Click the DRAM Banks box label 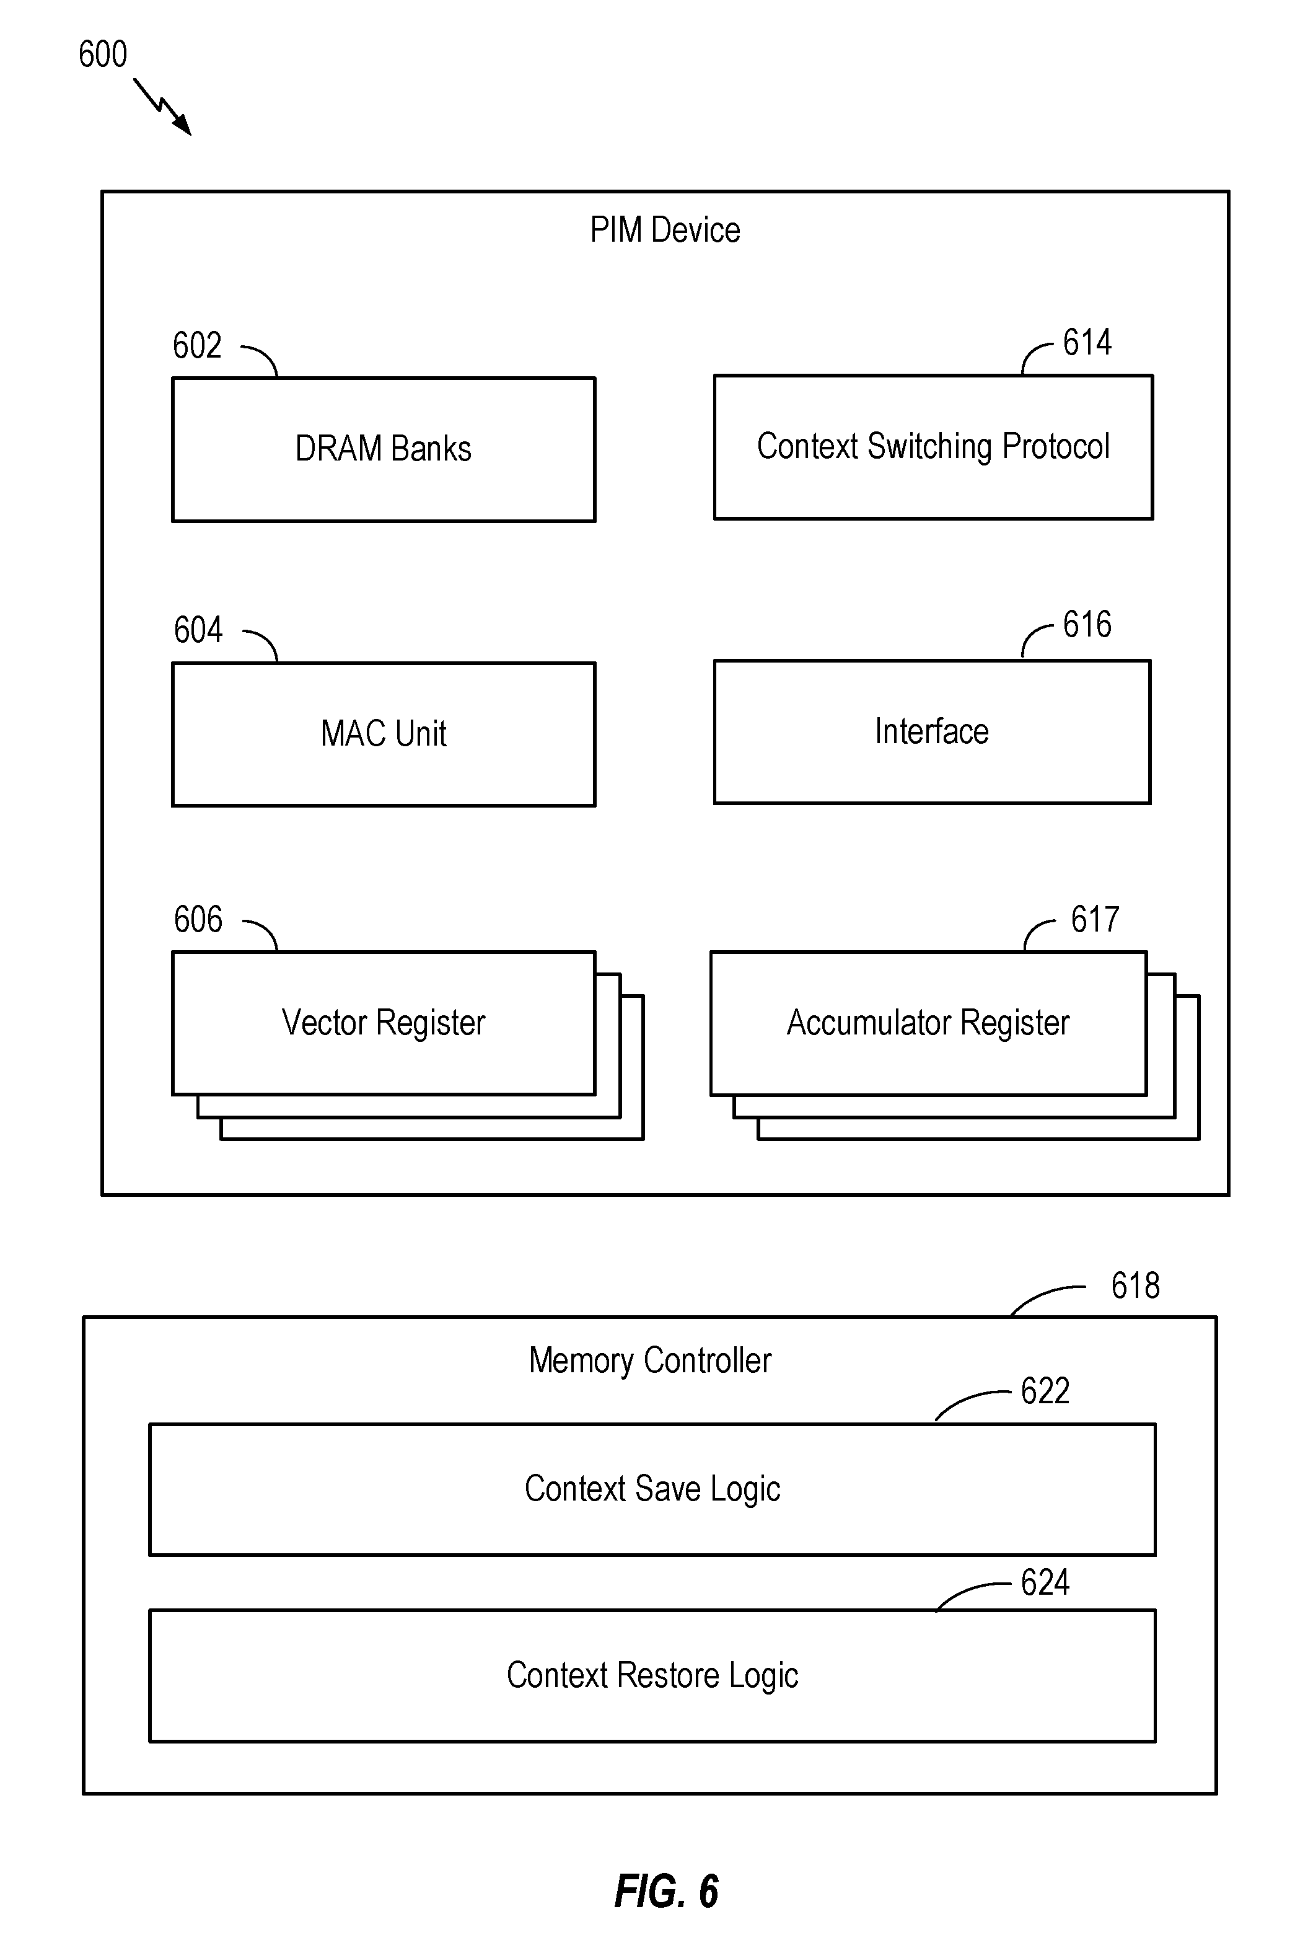pyautogui.click(x=383, y=449)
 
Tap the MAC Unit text pyautogui.click(x=383, y=733)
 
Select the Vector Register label pyautogui.click(x=383, y=1023)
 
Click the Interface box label pyautogui.click(x=932, y=731)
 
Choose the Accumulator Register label pyautogui.click(x=928, y=1023)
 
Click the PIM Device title pyautogui.click(x=665, y=229)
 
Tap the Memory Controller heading pyautogui.click(x=650, y=1360)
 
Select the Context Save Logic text pyautogui.click(x=652, y=1489)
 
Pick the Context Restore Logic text pyautogui.click(x=652, y=1675)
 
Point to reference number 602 pyautogui.click(x=197, y=345)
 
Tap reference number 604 pyautogui.click(x=198, y=630)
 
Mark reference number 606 pyautogui.click(x=198, y=919)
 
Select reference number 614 pyautogui.click(x=1087, y=342)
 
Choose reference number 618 pyautogui.click(x=1135, y=1285)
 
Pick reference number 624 pyautogui.click(x=1045, y=1582)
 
